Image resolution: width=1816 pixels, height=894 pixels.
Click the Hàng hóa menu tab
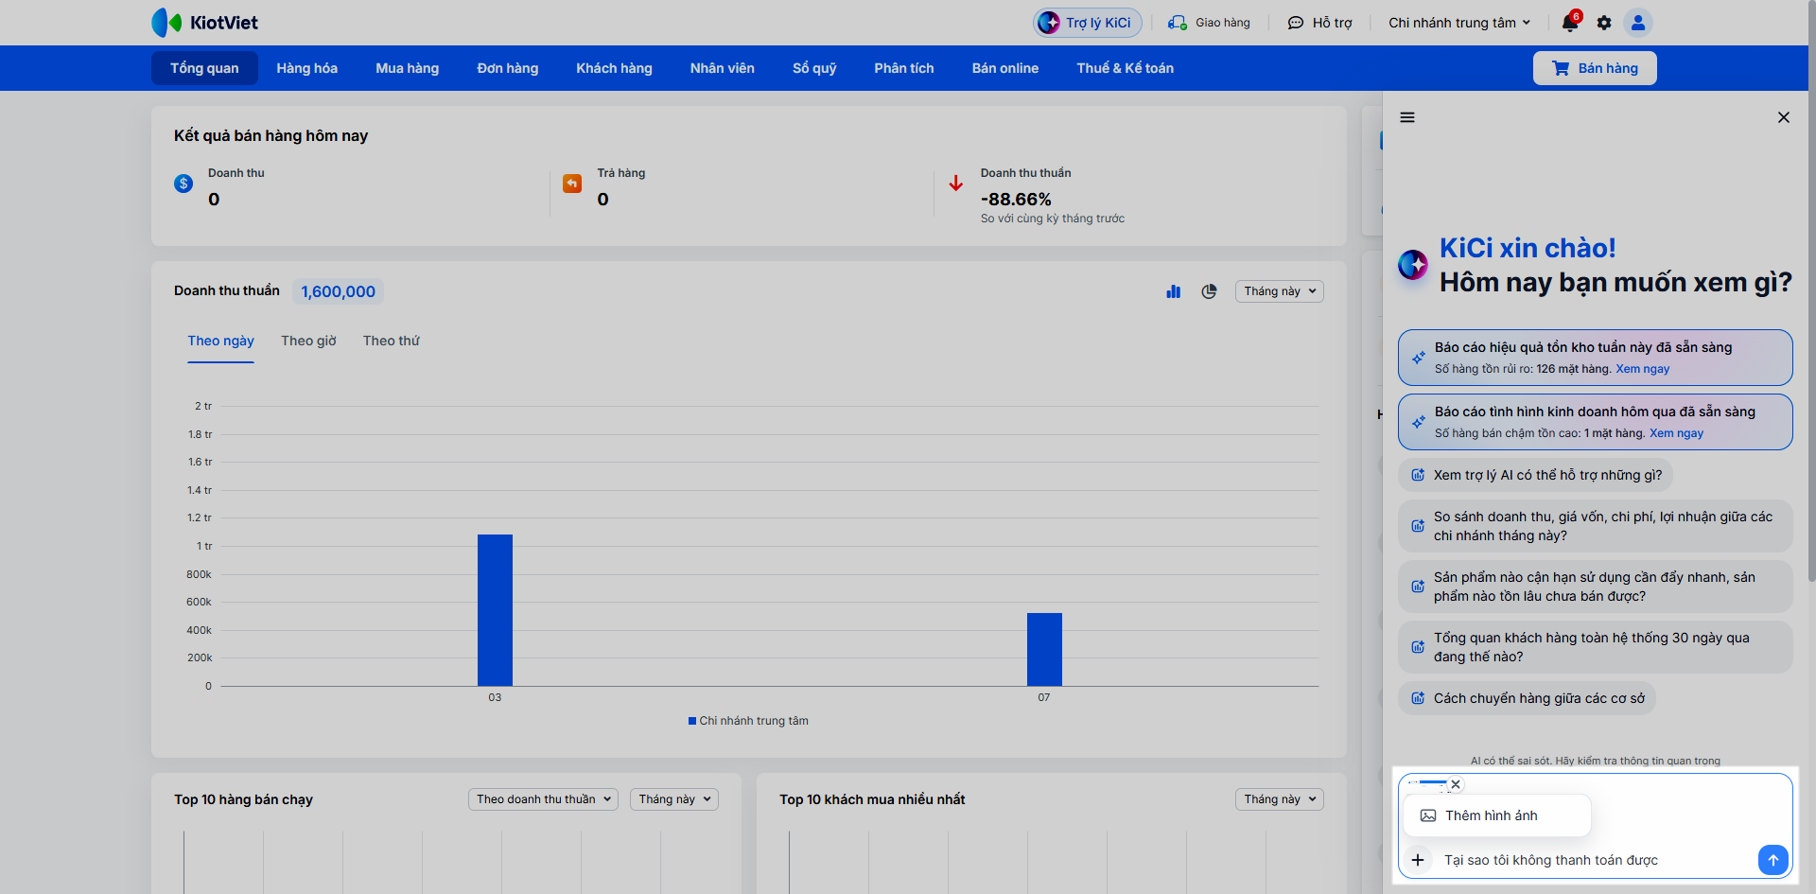[306, 68]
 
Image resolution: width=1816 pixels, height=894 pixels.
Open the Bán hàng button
[1595, 68]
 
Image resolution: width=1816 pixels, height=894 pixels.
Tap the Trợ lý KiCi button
[1088, 23]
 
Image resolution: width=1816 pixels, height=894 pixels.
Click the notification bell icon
[1570, 23]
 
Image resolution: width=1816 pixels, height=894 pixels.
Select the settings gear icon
[1604, 23]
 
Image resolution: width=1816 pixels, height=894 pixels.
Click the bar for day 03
[495, 610]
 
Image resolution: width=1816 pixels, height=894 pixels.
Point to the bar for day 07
[1044, 649]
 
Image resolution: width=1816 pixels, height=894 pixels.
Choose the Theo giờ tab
[308, 341]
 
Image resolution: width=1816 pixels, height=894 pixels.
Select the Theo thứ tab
[392, 341]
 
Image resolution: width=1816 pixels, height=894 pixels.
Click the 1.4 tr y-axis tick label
[200, 490]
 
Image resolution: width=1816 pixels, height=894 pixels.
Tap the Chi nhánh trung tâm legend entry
[748, 721]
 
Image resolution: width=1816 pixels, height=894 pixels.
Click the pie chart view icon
[1209, 291]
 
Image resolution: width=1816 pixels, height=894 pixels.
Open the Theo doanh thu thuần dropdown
[543, 799]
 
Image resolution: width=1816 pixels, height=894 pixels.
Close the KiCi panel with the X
[1784, 117]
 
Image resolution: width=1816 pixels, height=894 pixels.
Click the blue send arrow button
[1773, 860]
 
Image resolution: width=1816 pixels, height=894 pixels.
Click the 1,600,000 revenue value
[338, 291]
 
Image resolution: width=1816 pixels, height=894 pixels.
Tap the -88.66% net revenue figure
[1016, 200]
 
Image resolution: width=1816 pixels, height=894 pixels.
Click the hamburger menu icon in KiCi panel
[1407, 117]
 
